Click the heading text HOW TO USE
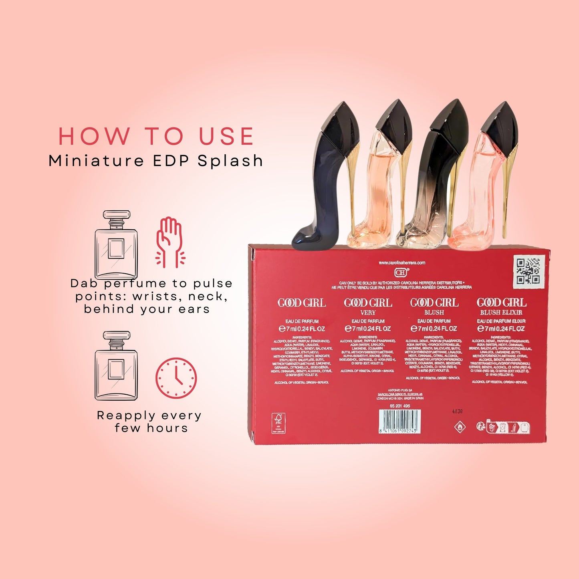(x=156, y=136)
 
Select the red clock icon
(x=176, y=378)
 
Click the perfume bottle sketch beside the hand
(x=116, y=244)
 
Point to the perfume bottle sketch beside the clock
(x=116, y=365)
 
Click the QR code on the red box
(x=529, y=271)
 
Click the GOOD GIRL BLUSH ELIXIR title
(x=501, y=307)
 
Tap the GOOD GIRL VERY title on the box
(x=368, y=307)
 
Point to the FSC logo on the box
(x=278, y=423)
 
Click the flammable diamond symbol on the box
(x=460, y=427)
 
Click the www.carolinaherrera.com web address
(x=402, y=263)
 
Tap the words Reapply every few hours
(x=149, y=422)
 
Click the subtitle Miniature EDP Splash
(x=156, y=161)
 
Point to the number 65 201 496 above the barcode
(x=400, y=406)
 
